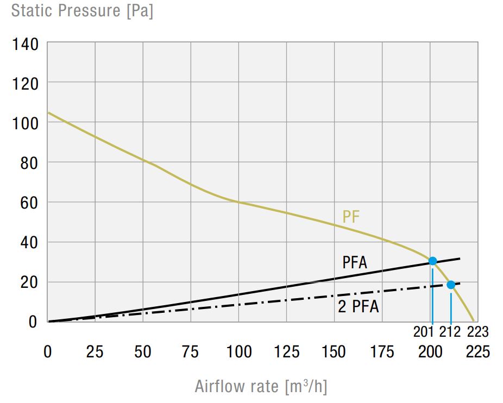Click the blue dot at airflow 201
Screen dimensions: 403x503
pyautogui.click(x=432, y=261)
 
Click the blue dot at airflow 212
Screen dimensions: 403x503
pyautogui.click(x=450, y=285)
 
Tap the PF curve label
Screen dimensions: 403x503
pyautogui.click(x=351, y=217)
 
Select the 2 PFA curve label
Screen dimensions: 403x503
pyautogui.click(x=358, y=307)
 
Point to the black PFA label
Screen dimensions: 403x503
pyautogui.click(x=355, y=263)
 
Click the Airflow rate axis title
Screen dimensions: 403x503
pyautogui.click(x=261, y=386)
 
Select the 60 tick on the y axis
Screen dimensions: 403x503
pyautogui.click(x=29, y=203)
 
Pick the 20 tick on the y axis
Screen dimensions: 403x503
pyautogui.click(x=29, y=282)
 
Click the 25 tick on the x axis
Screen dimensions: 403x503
pyautogui.click(x=95, y=352)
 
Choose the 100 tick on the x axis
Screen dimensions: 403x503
pyautogui.click(x=238, y=352)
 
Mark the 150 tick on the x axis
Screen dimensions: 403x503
pyautogui.click(x=334, y=352)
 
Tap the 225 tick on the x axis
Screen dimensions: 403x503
pyautogui.click(x=478, y=352)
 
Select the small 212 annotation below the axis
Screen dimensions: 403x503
pyautogui.click(x=451, y=332)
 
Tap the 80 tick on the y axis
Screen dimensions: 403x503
pyautogui.click(x=29, y=162)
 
